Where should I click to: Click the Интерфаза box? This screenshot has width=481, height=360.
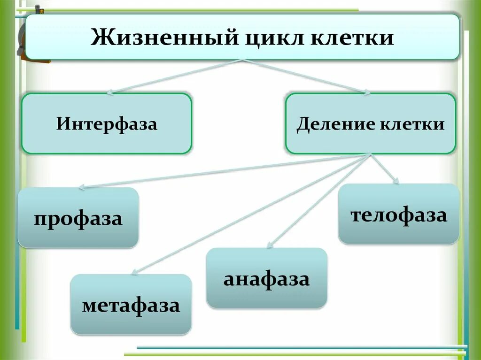click(107, 124)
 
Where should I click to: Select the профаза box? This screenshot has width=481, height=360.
click(78, 218)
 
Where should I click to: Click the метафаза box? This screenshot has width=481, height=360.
click(131, 305)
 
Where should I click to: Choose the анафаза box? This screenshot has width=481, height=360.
click(267, 278)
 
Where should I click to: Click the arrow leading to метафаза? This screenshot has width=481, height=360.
click(249, 214)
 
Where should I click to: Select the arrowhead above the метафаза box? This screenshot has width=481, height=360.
click(134, 271)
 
